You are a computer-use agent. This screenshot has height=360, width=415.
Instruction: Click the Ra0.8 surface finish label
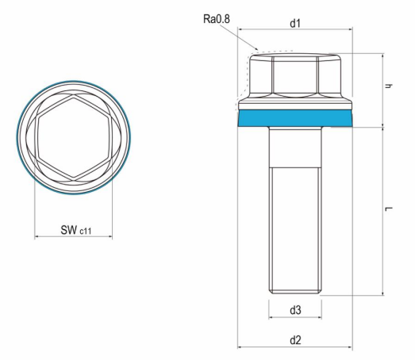coord(217,19)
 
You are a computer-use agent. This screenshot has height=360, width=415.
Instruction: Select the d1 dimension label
coord(295,24)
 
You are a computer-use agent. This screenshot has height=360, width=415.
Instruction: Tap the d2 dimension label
coord(295,340)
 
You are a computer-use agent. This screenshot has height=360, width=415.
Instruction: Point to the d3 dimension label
coord(295,310)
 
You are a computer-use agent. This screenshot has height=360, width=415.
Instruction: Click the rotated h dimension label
coord(389,86)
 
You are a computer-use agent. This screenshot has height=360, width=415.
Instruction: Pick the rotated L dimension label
coord(389,209)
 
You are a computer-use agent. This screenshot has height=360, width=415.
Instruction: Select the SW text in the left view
coord(68,230)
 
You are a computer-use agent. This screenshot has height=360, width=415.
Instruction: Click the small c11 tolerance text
coord(85,232)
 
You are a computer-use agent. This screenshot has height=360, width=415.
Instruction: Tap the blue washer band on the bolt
coord(295,118)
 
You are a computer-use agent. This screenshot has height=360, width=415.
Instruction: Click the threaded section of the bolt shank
coord(295,229)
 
